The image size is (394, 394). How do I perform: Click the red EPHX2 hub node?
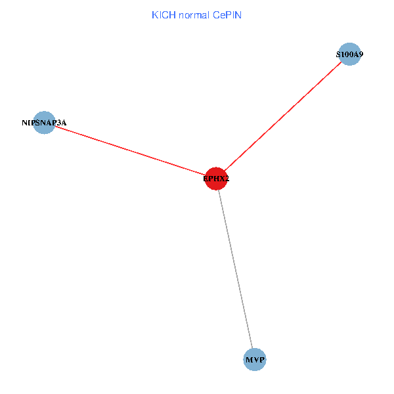pos(216,177)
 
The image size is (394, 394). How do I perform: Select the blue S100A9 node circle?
pos(349,55)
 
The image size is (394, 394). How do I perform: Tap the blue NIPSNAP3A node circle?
pos(44,122)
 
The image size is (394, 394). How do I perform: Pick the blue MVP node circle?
pos(255,359)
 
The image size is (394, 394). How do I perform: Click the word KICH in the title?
pos(164,15)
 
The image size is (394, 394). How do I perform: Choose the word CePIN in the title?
pos(227,15)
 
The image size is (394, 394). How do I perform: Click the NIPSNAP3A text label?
pos(44,122)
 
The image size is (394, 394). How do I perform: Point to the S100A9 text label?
pos(349,55)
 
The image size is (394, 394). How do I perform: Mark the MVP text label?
pos(255,360)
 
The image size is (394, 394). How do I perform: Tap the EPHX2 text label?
pos(216,178)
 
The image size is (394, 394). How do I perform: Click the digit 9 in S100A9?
pos(361,55)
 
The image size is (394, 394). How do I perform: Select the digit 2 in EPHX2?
pos(227,178)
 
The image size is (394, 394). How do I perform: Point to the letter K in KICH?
pos(155,15)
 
